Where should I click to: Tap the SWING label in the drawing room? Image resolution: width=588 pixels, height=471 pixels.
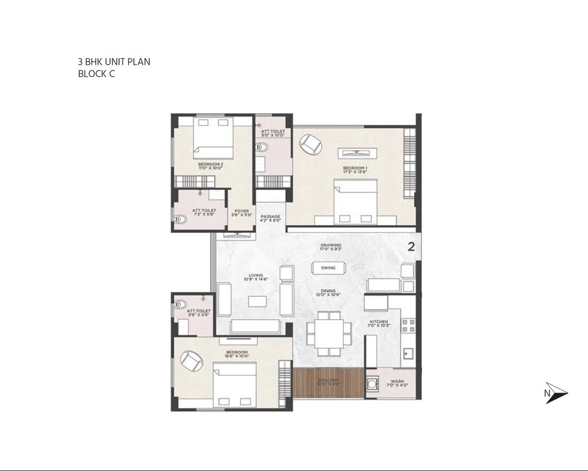[x=328, y=268]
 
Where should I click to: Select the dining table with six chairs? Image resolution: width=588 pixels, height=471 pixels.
[x=328, y=334]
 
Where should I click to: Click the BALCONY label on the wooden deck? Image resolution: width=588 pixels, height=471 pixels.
[x=328, y=380]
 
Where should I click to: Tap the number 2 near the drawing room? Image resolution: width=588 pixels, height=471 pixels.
[x=411, y=247]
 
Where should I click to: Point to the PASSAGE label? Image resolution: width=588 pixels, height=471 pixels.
[x=270, y=218]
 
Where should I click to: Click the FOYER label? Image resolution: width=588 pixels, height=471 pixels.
[x=241, y=212]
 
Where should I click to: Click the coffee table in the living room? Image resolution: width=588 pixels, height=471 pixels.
[x=257, y=301]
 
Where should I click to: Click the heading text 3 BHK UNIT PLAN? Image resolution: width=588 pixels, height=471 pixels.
[x=114, y=62]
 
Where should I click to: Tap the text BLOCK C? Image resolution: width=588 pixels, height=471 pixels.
[x=96, y=74]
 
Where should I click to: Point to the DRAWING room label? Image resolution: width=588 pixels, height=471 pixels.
[x=330, y=246]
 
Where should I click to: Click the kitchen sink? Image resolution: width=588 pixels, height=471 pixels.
[x=407, y=353]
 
